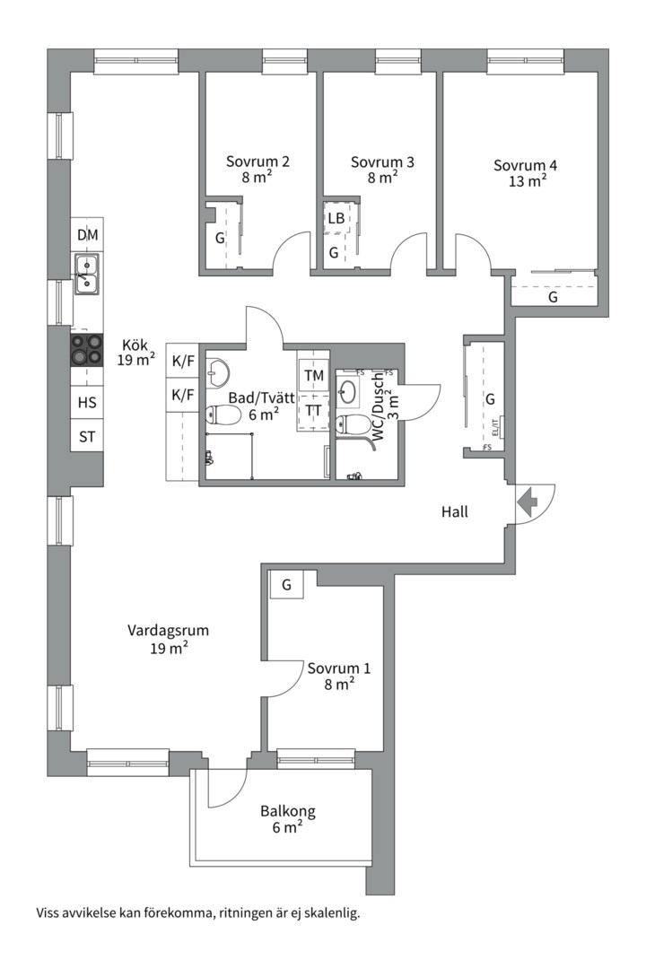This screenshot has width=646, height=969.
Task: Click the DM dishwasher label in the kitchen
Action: click(88, 235)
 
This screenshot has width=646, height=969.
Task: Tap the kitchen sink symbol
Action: click(87, 274)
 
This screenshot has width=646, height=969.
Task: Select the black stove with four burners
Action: click(87, 348)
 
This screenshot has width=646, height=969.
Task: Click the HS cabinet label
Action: click(87, 403)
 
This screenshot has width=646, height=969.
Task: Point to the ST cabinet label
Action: click(87, 437)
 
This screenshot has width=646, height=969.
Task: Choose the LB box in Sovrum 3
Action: click(336, 218)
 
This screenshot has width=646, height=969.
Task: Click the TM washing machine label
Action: click(314, 375)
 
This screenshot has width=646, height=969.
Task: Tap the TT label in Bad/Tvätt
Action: click(314, 410)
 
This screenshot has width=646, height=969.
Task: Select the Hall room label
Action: click(455, 512)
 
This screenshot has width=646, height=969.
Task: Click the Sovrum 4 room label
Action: click(526, 165)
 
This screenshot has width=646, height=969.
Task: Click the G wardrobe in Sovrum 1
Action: click(287, 585)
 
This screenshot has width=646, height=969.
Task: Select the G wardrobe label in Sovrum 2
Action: click(219, 239)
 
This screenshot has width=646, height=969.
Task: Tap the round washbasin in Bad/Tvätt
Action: click(218, 371)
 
